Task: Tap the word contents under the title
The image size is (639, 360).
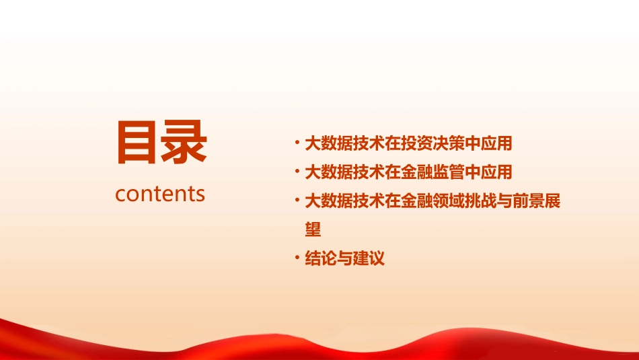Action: (x=160, y=194)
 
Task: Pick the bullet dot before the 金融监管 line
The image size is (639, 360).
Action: (x=297, y=171)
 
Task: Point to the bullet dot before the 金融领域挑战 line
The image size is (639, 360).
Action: (x=297, y=200)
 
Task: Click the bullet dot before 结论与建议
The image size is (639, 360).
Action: (x=297, y=258)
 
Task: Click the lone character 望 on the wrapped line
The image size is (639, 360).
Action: (x=313, y=230)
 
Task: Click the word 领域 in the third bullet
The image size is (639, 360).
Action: (x=439, y=201)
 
